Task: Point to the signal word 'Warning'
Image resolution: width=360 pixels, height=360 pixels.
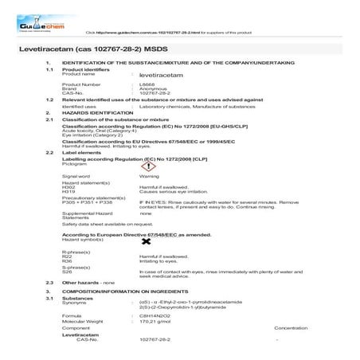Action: pyautogui.click(x=149, y=175)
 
